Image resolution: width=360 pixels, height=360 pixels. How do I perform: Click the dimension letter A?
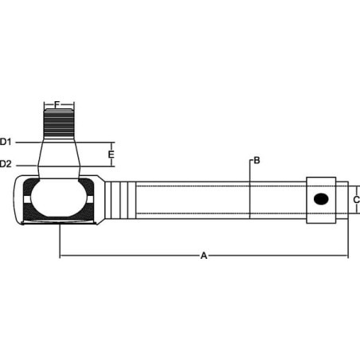coord(204,256)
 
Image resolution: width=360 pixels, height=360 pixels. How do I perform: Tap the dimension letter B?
coord(256,160)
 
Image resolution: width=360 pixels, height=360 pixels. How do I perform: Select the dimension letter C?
coord(357,200)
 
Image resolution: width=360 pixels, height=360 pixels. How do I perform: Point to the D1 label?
coord(6,142)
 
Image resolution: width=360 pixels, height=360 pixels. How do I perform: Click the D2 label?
coord(6,164)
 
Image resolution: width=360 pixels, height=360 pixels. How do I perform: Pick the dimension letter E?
coord(112,155)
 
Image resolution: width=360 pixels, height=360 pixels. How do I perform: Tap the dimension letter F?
coord(57,104)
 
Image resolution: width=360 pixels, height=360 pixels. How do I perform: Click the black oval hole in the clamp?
coord(321,199)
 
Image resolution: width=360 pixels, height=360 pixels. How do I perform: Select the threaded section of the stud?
coord(59,123)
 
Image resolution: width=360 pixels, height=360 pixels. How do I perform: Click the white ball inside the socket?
coord(59,198)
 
